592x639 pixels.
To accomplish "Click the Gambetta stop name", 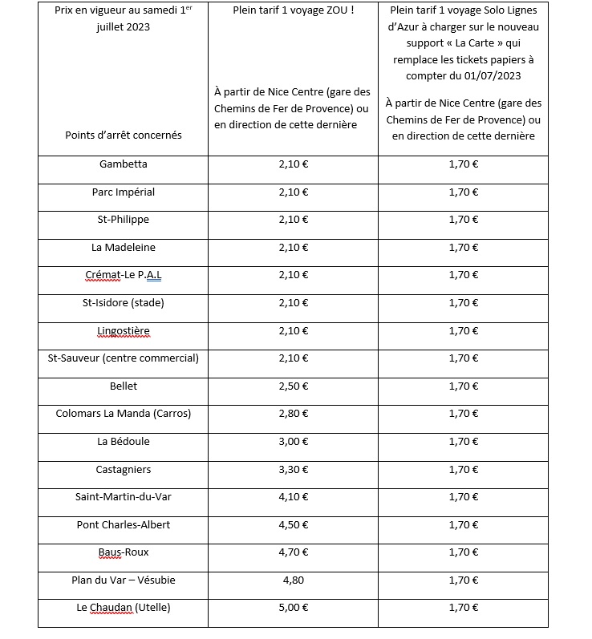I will (x=123, y=164).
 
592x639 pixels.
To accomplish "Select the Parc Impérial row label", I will (x=123, y=192).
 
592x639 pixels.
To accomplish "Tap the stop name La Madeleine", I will (x=123, y=248).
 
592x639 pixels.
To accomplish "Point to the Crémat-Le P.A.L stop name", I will (x=123, y=275).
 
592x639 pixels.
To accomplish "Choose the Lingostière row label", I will (x=123, y=330).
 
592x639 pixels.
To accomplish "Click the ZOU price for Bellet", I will (x=293, y=386).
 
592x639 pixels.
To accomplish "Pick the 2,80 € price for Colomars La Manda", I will (x=293, y=414).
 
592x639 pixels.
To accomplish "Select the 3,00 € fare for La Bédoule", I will (x=293, y=442).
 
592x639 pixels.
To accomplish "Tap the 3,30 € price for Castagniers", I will (x=293, y=470).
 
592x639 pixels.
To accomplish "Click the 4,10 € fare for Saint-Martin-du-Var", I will (x=293, y=497).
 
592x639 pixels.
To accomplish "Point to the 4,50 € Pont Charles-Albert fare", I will (x=293, y=525).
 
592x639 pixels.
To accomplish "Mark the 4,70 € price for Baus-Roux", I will (x=293, y=552).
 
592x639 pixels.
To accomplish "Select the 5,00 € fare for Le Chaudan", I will (x=293, y=608).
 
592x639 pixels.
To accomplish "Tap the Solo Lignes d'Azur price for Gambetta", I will (x=463, y=164).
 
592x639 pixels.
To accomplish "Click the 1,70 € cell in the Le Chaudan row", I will (x=463, y=608).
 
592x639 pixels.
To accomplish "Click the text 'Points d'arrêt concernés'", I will (x=123, y=135).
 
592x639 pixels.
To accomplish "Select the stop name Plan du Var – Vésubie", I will (x=123, y=580).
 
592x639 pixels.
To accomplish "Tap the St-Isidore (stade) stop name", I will (x=123, y=303).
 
